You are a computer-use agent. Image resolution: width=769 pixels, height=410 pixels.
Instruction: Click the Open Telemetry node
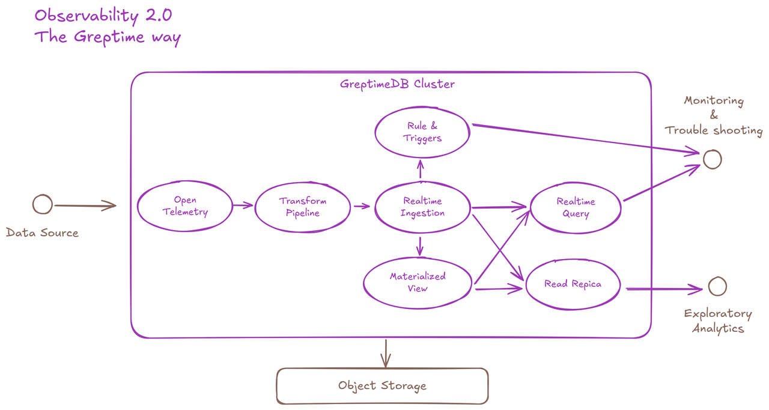[x=184, y=206]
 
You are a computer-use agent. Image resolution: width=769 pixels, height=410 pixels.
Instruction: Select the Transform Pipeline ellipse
[x=303, y=207]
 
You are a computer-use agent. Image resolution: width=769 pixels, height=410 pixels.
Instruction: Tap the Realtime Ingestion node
[x=423, y=207]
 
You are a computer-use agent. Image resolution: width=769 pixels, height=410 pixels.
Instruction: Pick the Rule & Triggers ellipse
[x=422, y=132]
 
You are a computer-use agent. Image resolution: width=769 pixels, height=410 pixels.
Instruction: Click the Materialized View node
[x=418, y=283]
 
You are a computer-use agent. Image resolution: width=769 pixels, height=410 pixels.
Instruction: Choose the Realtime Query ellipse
[x=576, y=207]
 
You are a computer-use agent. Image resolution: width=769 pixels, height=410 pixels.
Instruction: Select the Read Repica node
[x=573, y=284]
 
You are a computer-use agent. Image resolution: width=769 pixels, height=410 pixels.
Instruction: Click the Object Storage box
[x=382, y=386]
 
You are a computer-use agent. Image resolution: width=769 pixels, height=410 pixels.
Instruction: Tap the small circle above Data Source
[x=42, y=204]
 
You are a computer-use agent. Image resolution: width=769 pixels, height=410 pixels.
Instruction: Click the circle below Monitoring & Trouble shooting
[x=712, y=159]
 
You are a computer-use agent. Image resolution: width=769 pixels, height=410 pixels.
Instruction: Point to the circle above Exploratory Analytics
[x=717, y=287]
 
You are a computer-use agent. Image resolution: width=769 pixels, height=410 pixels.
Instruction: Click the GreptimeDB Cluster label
[x=397, y=84]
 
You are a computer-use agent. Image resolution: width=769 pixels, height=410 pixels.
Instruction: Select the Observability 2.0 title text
[x=103, y=15]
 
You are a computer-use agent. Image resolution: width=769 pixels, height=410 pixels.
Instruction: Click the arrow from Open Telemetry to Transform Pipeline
[x=243, y=206]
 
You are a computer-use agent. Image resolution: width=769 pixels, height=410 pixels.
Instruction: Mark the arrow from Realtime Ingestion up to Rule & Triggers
[x=420, y=169]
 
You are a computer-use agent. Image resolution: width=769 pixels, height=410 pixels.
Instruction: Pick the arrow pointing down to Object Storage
[x=385, y=353]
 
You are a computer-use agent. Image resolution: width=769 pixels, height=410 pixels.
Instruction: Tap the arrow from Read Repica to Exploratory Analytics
[x=663, y=289]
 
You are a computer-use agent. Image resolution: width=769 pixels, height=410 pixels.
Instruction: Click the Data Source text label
[x=42, y=233]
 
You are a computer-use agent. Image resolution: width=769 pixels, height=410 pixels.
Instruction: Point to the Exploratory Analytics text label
[x=717, y=321]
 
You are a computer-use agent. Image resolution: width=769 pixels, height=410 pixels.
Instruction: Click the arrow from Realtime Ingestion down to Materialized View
[x=419, y=245]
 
